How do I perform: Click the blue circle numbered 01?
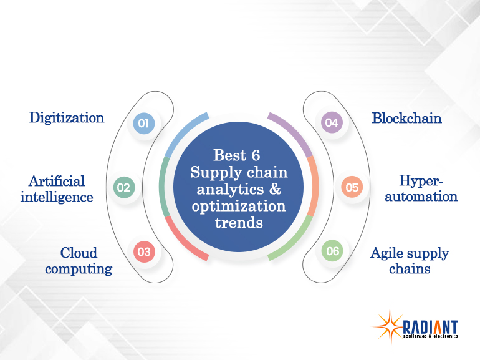click(x=143, y=124)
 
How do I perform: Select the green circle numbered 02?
click(x=123, y=187)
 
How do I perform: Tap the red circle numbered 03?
click(x=144, y=252)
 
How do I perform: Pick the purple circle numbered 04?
click(x=332, y=123)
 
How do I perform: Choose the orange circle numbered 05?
click(x=352, y=187)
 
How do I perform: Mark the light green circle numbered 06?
click(x=332, y=251)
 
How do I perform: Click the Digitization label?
click(x=67, y=118)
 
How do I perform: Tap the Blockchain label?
click(x=406, y=119)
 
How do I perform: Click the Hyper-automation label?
click(x=428, y=188)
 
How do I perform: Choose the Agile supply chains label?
click(x=410, y=261)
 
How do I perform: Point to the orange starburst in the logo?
click(x=387, y=326)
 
